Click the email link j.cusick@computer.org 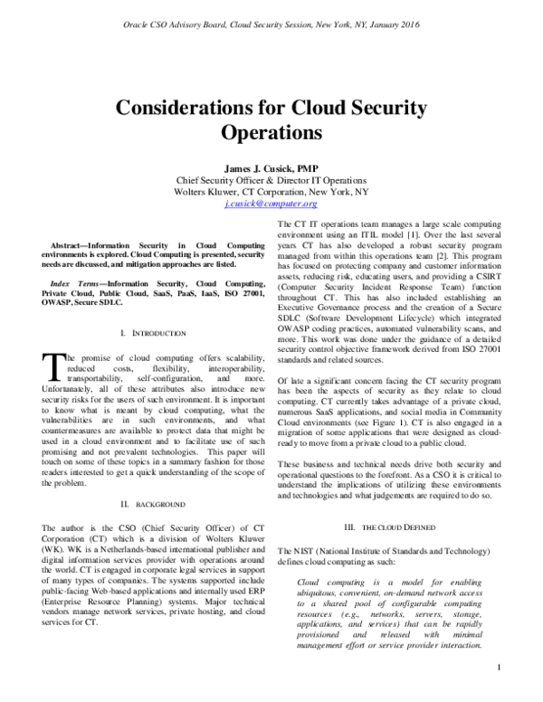[271, 205]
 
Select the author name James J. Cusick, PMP [271, 167]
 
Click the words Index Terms [74, 283]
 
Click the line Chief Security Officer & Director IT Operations [271, 180]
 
